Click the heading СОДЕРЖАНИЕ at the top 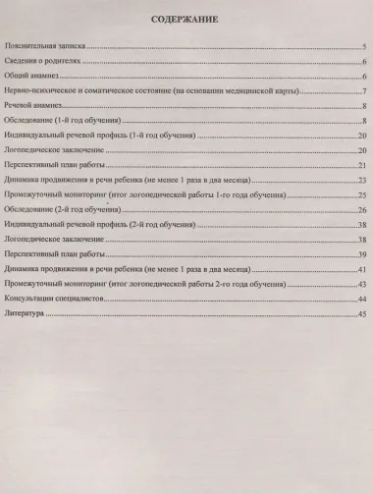pos(185,20)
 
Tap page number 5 pos(364,46)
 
